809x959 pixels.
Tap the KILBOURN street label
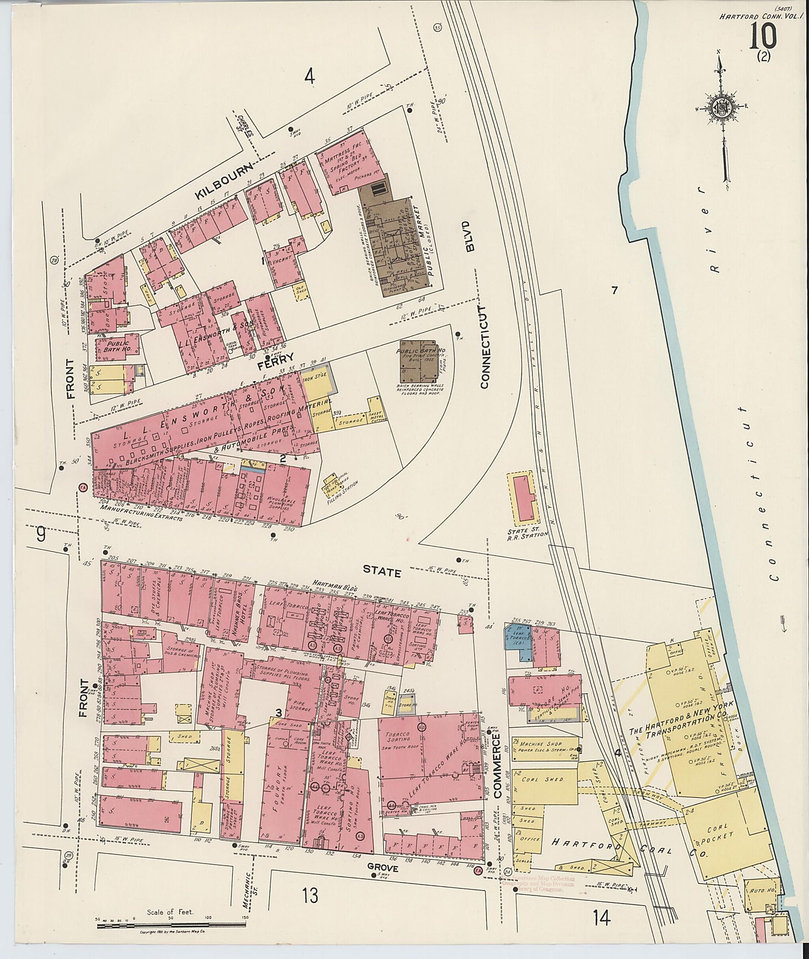point(225,182)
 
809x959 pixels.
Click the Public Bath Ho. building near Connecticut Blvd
point(418,361)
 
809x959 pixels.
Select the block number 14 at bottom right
point(601,916)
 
